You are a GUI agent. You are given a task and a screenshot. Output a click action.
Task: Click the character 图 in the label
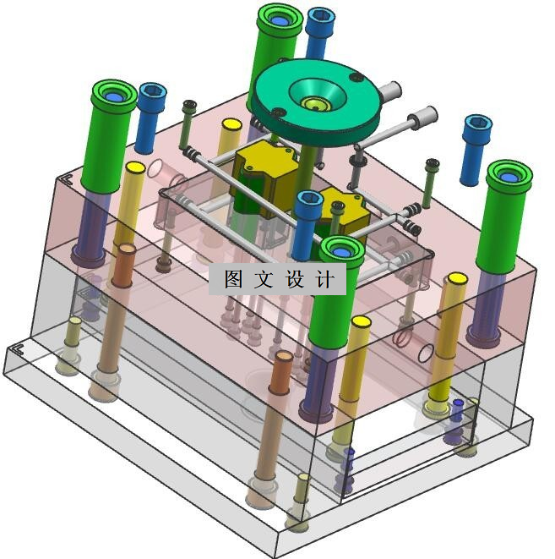[234, 279]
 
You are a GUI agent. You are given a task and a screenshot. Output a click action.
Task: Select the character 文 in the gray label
[264, 279]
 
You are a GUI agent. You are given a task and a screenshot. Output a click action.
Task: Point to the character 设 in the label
[295, 279]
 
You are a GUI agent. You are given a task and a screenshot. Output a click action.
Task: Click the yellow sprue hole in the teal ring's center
[315, 104]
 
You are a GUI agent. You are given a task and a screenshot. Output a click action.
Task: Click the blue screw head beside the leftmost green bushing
[153, 93]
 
